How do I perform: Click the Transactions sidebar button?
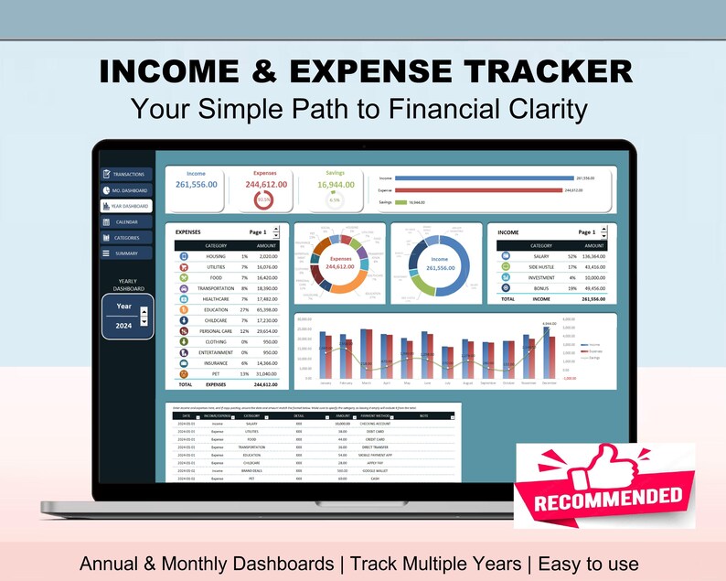pos(126,174)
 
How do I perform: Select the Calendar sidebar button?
pos(126,221)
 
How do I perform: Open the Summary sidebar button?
pos(126,253)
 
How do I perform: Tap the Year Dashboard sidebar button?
pos(126,206)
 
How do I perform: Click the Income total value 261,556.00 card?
pos(196,185)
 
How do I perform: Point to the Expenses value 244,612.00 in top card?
pos(266,184)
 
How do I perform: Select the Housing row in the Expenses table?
pos(216,257)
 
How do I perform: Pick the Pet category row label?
pos(216,374)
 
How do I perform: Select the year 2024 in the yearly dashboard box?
pos(123,326)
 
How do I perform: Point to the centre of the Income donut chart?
pos(439,264)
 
